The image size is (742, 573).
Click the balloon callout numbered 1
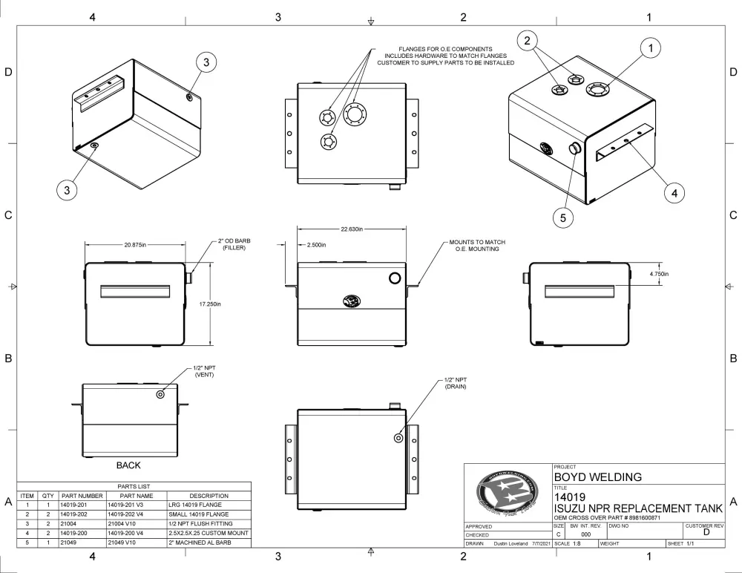650,49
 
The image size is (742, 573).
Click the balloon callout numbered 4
674,191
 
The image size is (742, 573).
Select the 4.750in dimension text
657,274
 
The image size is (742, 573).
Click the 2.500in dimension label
315,244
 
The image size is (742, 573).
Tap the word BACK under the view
128,465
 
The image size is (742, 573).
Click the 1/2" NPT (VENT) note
204,372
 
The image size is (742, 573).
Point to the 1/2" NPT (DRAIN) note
456,384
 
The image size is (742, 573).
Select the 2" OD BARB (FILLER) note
232,243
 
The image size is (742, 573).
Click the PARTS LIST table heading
134,486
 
